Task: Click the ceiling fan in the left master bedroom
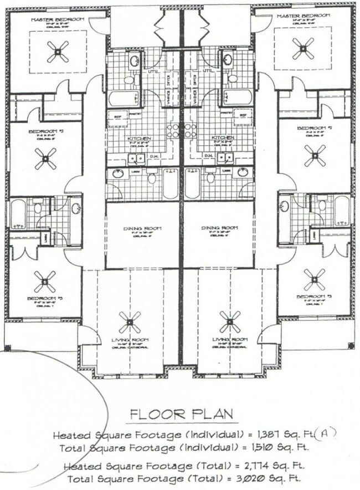coord(58,52)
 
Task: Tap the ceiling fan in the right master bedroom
coord(303,48)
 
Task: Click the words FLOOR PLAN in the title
coord(181,414)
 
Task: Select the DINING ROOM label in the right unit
coord(220,228)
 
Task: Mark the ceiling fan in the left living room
coord(130,321)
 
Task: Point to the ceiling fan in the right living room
coord(230,321)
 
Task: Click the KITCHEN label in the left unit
coord(136,138)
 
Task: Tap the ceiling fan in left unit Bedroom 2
coord(45,159)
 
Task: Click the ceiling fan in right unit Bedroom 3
coord(315,279)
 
